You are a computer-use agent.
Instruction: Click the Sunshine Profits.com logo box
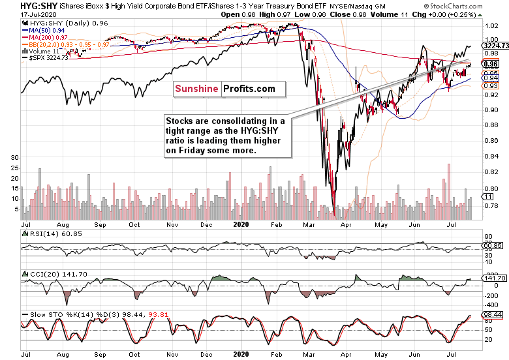click(x=224, y=89)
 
